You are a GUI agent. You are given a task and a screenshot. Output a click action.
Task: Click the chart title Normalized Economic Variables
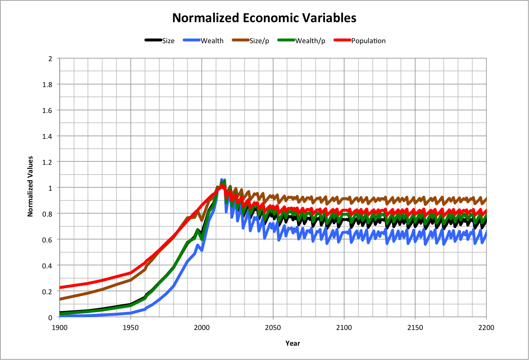coord(264,18)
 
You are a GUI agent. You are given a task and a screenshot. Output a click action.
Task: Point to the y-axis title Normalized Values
coord(30,186)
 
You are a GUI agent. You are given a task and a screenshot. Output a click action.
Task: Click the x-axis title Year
coord(293,343)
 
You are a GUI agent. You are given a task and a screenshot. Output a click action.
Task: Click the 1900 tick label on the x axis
coord(59,328)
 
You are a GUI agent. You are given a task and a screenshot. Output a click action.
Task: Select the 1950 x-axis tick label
coord(131,328)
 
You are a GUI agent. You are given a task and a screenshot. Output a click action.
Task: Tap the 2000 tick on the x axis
coord(202,328)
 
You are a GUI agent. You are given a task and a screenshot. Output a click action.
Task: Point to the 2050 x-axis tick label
coord(273,328)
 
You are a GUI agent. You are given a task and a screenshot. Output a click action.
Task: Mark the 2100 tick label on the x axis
coord(344,328)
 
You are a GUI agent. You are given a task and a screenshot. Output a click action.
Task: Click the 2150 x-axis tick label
coord(415,328)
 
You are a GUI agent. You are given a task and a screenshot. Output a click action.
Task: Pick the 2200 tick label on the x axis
coord(486,328)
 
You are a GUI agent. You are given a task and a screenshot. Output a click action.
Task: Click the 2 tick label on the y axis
coord(50,59)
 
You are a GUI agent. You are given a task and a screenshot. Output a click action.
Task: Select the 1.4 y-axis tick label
coord(47,136)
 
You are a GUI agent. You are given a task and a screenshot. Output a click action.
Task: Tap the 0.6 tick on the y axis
coord(47,239)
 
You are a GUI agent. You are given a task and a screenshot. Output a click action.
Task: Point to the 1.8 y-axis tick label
coord(47,84)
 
